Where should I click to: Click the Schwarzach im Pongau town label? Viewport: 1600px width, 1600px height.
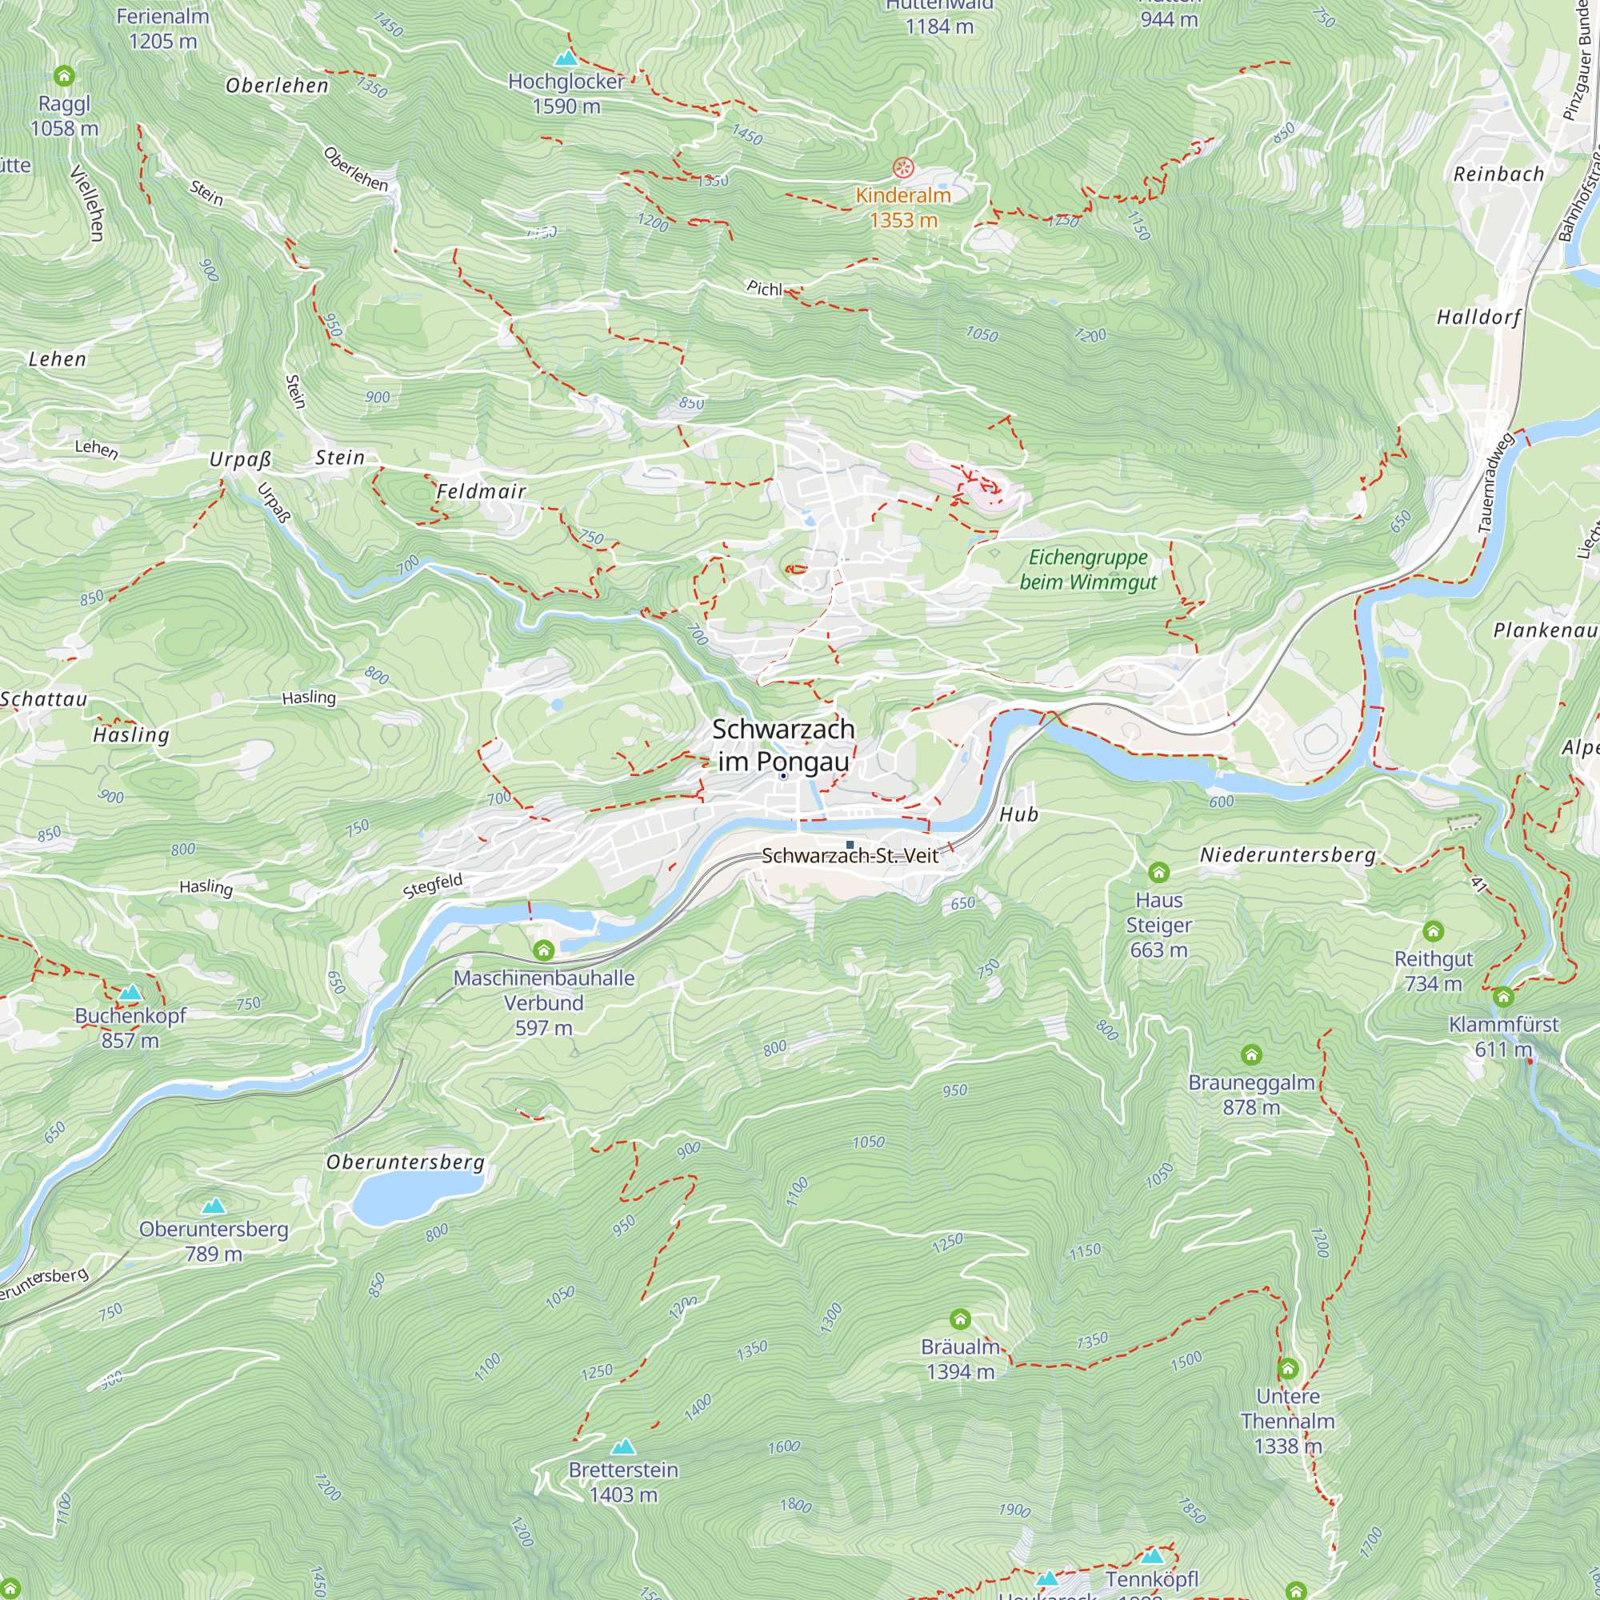tap(782, 746)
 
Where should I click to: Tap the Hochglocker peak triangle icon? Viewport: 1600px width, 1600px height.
tap(566, 58)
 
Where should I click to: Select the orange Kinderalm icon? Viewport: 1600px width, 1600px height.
tap(902, 168)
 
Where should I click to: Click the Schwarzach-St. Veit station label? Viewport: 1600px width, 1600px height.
tap(850, 855)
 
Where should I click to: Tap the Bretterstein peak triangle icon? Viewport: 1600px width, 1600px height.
tap(622, 1446)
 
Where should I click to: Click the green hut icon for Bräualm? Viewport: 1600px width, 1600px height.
tap(960, 1318)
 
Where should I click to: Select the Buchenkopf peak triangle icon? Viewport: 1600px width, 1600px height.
tap(130, 992)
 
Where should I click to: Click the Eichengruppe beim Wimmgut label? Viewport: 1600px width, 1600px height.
tap(1087, 569)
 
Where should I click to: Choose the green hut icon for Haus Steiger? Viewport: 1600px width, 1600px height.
tap(1158, 872)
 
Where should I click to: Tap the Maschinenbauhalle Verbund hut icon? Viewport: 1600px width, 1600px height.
tap(543, 950)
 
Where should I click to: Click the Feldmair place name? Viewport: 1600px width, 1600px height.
tap(481, 491)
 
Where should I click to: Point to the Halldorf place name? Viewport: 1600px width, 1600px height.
tap(1478, 317)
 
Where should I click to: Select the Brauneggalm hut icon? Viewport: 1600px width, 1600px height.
tap(1251, 1054)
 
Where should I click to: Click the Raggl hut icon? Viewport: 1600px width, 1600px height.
tap(64, 76)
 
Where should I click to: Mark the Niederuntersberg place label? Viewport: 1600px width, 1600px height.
tap(1287, 854)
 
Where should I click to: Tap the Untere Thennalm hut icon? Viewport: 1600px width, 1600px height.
tap(1288, 1368)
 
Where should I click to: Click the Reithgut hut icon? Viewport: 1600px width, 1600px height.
tap(1434, 931)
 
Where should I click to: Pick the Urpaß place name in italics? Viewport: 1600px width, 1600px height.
tap(240, 460)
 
